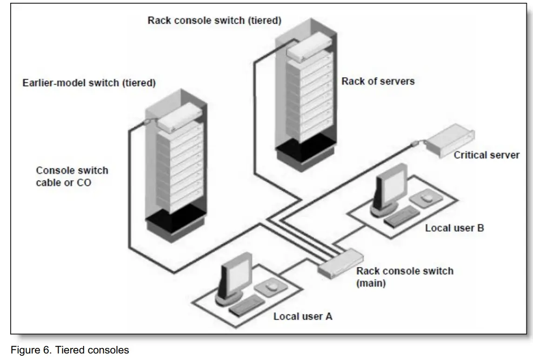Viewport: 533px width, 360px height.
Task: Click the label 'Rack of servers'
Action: pos(378,81)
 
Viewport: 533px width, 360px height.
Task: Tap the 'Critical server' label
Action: pos(486,155)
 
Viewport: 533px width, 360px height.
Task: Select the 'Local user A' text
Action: pos(302,317)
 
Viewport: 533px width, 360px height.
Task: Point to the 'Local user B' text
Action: pos(454,228)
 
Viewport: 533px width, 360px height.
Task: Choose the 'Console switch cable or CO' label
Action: pos(72,176)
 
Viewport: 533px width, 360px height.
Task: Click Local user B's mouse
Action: pos(425,199)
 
